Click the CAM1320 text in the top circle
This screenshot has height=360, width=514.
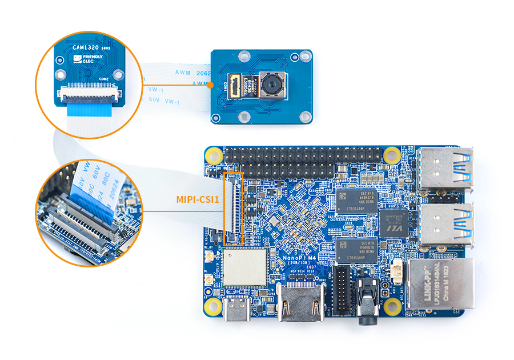coord(84,49)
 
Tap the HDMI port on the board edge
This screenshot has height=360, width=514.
coord(300,306)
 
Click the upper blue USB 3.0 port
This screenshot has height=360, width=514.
coord(447,168)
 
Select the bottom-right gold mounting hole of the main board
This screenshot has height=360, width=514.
coord(392,307)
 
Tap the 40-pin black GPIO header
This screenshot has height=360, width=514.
coord(303,162)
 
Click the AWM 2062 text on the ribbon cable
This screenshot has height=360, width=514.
coord(194,73)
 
